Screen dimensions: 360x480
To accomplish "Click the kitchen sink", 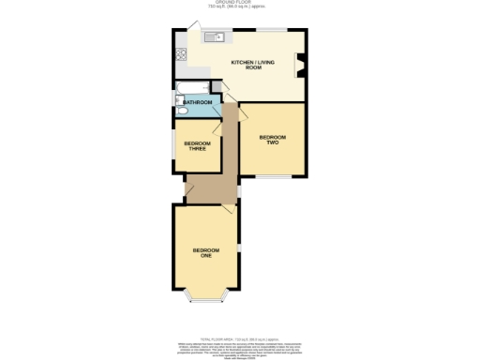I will (213, 37).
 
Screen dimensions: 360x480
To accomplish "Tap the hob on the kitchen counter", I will (178, 53).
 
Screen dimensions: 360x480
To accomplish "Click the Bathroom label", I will (197, 102).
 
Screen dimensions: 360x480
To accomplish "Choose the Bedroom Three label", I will (195, 145).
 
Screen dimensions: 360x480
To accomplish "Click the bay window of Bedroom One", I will (205, 299).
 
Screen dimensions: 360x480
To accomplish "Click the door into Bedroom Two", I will (241, 112).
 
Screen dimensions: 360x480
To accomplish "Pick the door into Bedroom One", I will (228, 212).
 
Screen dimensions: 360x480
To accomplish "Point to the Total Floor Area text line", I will (241, 340).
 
